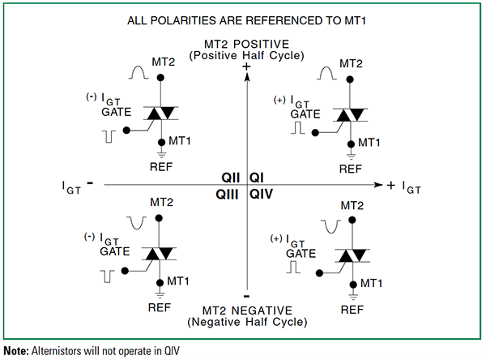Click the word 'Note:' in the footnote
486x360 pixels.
16,350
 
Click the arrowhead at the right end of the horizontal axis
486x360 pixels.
377,186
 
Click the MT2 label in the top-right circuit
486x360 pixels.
350,63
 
